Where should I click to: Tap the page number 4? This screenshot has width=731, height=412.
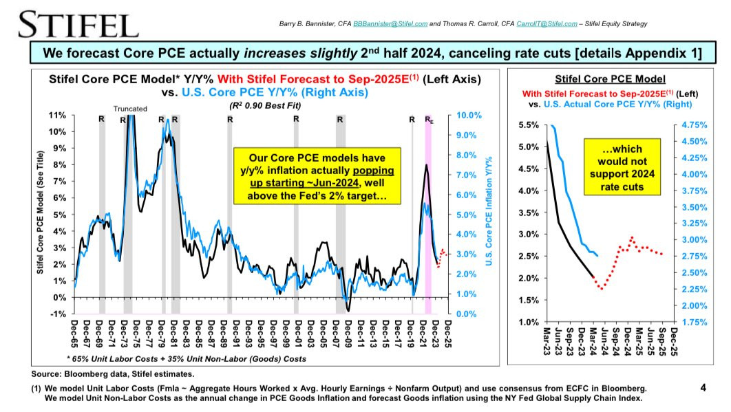tap(703, 388)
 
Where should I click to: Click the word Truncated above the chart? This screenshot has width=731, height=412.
tap(130, 109)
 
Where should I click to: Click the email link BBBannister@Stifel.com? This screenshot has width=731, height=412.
tap(389, 25)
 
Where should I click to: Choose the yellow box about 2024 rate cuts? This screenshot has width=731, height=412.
tap(622, 166)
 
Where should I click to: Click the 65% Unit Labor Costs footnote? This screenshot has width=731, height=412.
tap(186, 359)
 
